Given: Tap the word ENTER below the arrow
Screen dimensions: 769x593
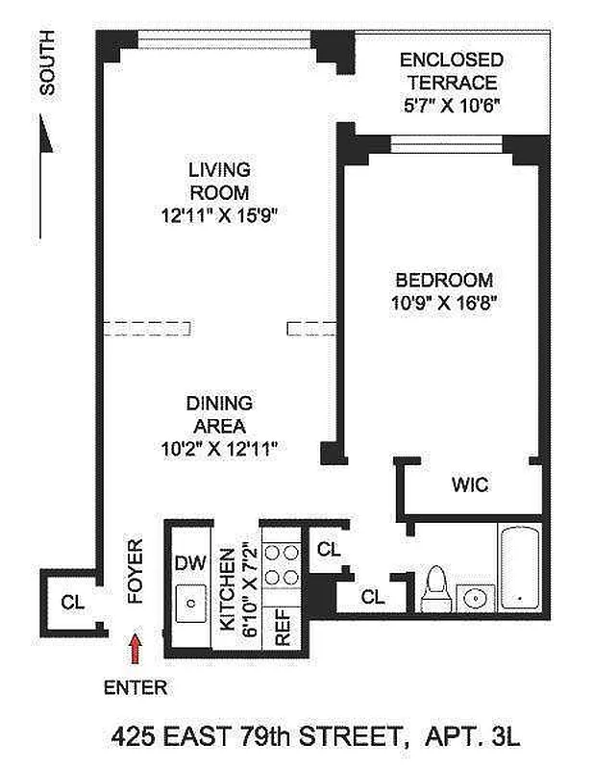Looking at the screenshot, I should [135, 687].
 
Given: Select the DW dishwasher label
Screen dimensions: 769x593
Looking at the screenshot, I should [187, 564].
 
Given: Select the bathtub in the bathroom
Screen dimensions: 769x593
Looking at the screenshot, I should [520, 567].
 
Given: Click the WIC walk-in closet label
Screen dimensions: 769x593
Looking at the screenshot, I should [470, 485].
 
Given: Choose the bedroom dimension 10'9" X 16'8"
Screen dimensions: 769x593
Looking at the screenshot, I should [445, 301].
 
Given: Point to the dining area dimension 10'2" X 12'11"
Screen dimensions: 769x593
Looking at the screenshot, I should [220, 447].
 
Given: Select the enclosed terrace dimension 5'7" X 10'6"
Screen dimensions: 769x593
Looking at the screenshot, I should [451, 105].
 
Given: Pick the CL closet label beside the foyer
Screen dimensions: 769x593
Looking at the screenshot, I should [70, 603].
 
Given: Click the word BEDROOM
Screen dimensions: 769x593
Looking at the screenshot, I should [445, 281].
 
